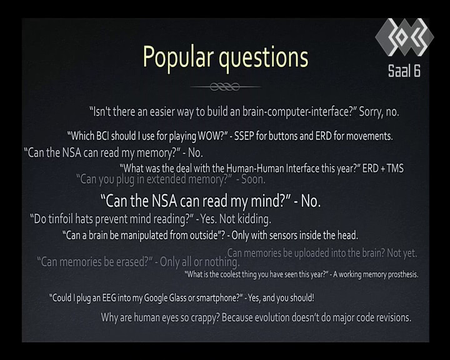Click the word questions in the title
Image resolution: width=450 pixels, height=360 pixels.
coord(264,58)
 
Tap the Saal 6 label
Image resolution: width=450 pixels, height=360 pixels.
coord(404,71)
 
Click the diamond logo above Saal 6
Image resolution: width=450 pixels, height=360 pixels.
coord(404,37)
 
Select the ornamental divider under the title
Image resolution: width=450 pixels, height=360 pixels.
coord(225,86)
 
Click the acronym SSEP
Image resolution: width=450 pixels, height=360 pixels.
coord(244,136)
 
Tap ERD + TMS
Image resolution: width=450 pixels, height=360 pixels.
coord(383,169)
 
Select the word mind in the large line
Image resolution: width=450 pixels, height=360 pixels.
coord(267,201)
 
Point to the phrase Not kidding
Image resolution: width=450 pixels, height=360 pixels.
coord(245,219)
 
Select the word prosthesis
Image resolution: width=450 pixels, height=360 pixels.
coord(403,275)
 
